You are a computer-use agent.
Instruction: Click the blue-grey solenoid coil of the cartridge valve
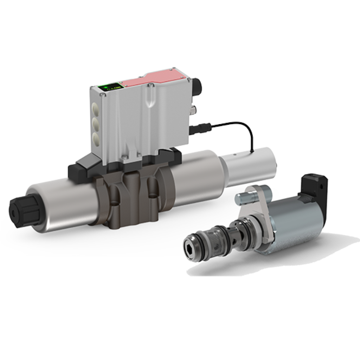click(295, 225)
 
